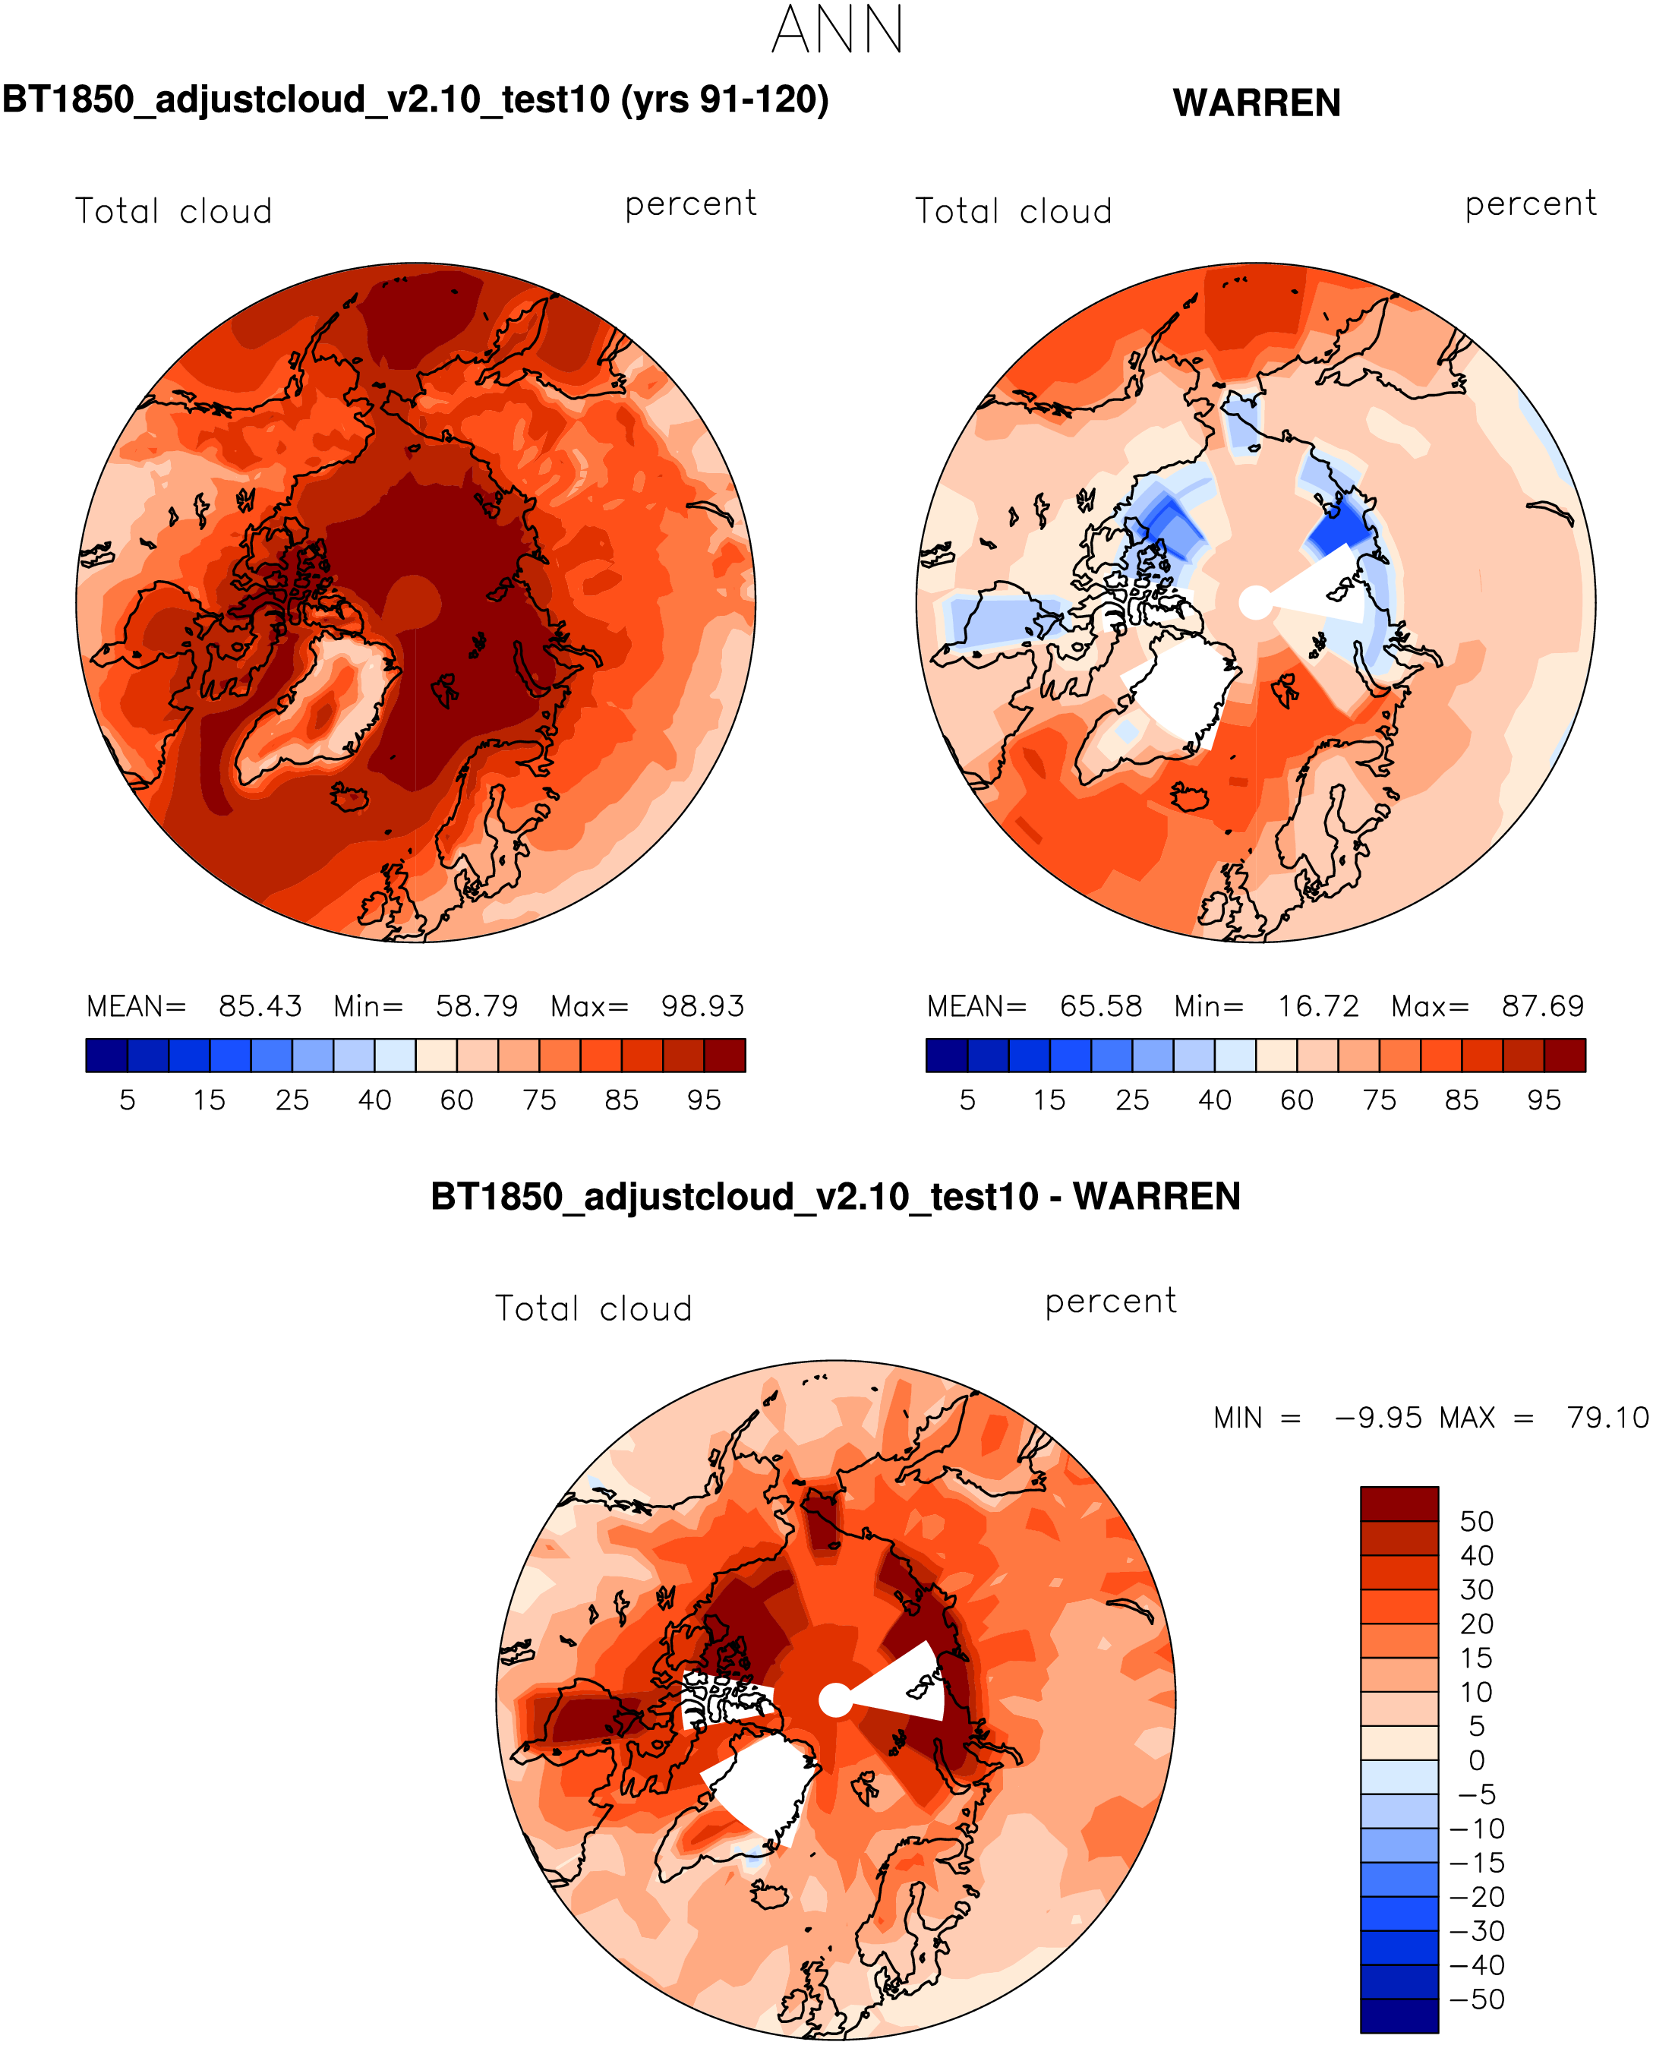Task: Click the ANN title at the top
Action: click(837, 30)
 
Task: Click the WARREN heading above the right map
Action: click(1256, 103)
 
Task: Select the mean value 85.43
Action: click(260, 1006)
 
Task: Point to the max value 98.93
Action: click(702, 1006)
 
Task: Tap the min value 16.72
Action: click(1318, 1006)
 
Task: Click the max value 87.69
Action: click(1543, 1006)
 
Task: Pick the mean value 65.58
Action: click(1101, 1006)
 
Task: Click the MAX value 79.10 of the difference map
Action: click(1607, 1418)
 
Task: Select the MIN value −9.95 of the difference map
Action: click(1378, 1418)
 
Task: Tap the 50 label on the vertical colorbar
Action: click(1477, 1521)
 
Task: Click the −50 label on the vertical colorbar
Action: click(1477, 1999)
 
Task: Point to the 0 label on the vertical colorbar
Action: click(1477, 1760)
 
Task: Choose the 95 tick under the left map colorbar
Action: click(704, 1100)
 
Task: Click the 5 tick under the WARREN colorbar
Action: click(967, 1100)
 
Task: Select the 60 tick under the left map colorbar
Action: click(457, 1100)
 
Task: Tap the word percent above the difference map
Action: click(1110, 1302)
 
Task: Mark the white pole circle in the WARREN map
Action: click(1255, 601)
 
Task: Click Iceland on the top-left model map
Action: click(349, 796)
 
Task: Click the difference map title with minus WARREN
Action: click(835, 1197)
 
